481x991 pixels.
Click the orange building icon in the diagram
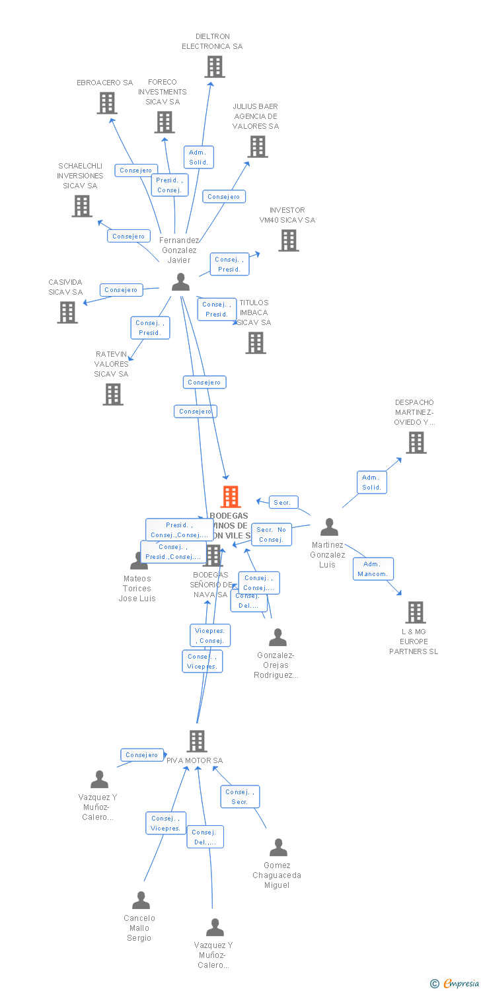[230, 496]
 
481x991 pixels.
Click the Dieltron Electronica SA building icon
[214, 67]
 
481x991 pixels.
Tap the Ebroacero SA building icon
[107, 103]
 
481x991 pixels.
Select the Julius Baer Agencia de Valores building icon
[257, 147]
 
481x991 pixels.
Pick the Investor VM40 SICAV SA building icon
[288, 240]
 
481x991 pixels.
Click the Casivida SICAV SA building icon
[67, 312]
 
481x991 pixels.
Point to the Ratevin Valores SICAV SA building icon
[113, 394]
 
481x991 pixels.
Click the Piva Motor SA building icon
[197, 741]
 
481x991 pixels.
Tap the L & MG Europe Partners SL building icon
[415, 612]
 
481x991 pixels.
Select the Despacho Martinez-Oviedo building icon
[416, 443]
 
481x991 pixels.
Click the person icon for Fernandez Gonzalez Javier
[180, 282]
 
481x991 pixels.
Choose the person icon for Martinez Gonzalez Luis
[328, 527]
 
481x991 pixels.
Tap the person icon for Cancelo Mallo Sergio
[141, 900]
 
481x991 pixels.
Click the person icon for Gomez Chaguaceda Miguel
[278, 848]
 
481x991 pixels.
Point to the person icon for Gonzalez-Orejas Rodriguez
[277, 638]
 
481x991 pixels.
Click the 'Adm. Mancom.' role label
[373, 569]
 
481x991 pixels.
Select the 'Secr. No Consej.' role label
[271, 534]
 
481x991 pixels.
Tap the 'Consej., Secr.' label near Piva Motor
[239, 797]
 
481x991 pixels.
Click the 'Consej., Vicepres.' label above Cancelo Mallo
[165, 823]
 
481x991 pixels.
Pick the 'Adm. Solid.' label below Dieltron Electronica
[198, 157]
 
